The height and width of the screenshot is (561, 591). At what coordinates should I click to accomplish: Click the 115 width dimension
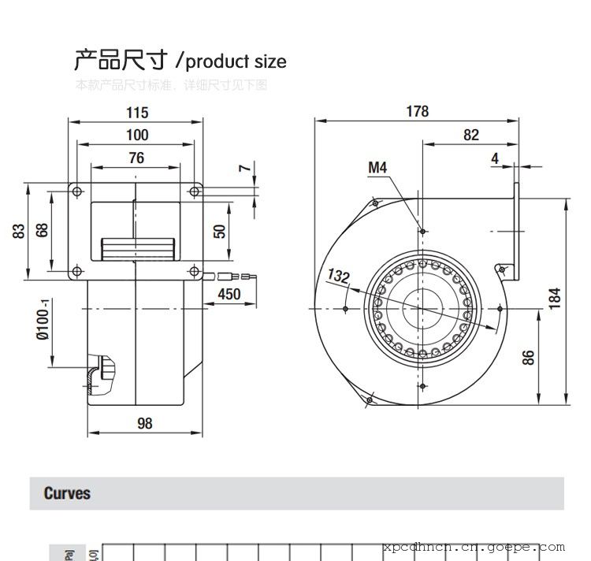point(136,113)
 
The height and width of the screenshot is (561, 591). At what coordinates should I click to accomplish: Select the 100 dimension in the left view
point(136,135)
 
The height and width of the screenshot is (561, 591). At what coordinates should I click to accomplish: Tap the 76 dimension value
point(136,158)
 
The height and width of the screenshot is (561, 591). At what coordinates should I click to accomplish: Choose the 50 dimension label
point(220,230)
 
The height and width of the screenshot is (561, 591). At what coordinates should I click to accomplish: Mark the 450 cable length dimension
point(229,295)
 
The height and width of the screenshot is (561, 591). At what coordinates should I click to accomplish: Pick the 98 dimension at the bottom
point(144,423)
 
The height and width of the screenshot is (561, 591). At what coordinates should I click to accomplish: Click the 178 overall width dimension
point(418,111)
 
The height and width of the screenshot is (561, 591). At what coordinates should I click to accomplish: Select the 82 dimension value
point(470,135)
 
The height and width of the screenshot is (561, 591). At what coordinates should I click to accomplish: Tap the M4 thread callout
point(378,167)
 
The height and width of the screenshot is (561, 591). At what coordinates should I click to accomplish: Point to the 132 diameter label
point(338,277)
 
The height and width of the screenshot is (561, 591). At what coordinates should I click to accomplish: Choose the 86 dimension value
point(529,356)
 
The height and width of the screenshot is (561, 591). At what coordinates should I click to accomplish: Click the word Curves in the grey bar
point(67,494)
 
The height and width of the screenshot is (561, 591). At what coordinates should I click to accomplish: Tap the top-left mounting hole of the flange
point(77,191)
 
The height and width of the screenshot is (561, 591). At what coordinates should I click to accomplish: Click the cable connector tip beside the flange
point(245,277)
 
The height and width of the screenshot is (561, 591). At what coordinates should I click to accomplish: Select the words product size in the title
point(236,61)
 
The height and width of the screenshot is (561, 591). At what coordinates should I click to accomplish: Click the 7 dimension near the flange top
point(244,168)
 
